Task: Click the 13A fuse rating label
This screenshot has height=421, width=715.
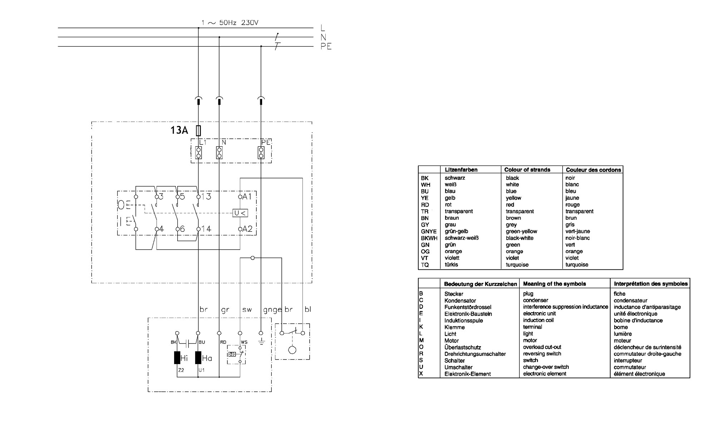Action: (x=179, y=130)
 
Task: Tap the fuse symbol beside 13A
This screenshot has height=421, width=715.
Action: (x=198, y=131)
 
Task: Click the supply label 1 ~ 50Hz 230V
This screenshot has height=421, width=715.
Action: (x=230, y=23)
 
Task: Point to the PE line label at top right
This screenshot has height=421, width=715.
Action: (x=326, y=46)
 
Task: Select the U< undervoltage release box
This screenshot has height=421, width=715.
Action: (x=240, y=213)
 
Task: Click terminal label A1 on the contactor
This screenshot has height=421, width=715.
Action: (x=247, y=196)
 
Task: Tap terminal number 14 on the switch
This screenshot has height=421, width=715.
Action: (x=206, y=229)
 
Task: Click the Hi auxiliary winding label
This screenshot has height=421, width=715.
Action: (x=184, y=358)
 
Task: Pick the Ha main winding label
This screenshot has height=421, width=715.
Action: (x=207, y=358)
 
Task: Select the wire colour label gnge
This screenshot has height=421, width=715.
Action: (x=272, y=310)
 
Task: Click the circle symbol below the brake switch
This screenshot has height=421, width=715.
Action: (x=292, y=349)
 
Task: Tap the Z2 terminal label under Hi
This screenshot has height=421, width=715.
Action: (x=181, y=370)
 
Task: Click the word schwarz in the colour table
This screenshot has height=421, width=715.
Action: (x=455, y=178)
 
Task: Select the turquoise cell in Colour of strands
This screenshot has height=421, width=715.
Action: (x=517, y=265)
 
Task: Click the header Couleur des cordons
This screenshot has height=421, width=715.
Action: (x=593, y=170)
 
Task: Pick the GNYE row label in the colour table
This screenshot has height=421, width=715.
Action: (x=429, y=231)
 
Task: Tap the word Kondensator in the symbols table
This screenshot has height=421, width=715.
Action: (x=460, y=300)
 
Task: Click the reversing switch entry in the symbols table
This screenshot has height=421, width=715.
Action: (x=542, y=354)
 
